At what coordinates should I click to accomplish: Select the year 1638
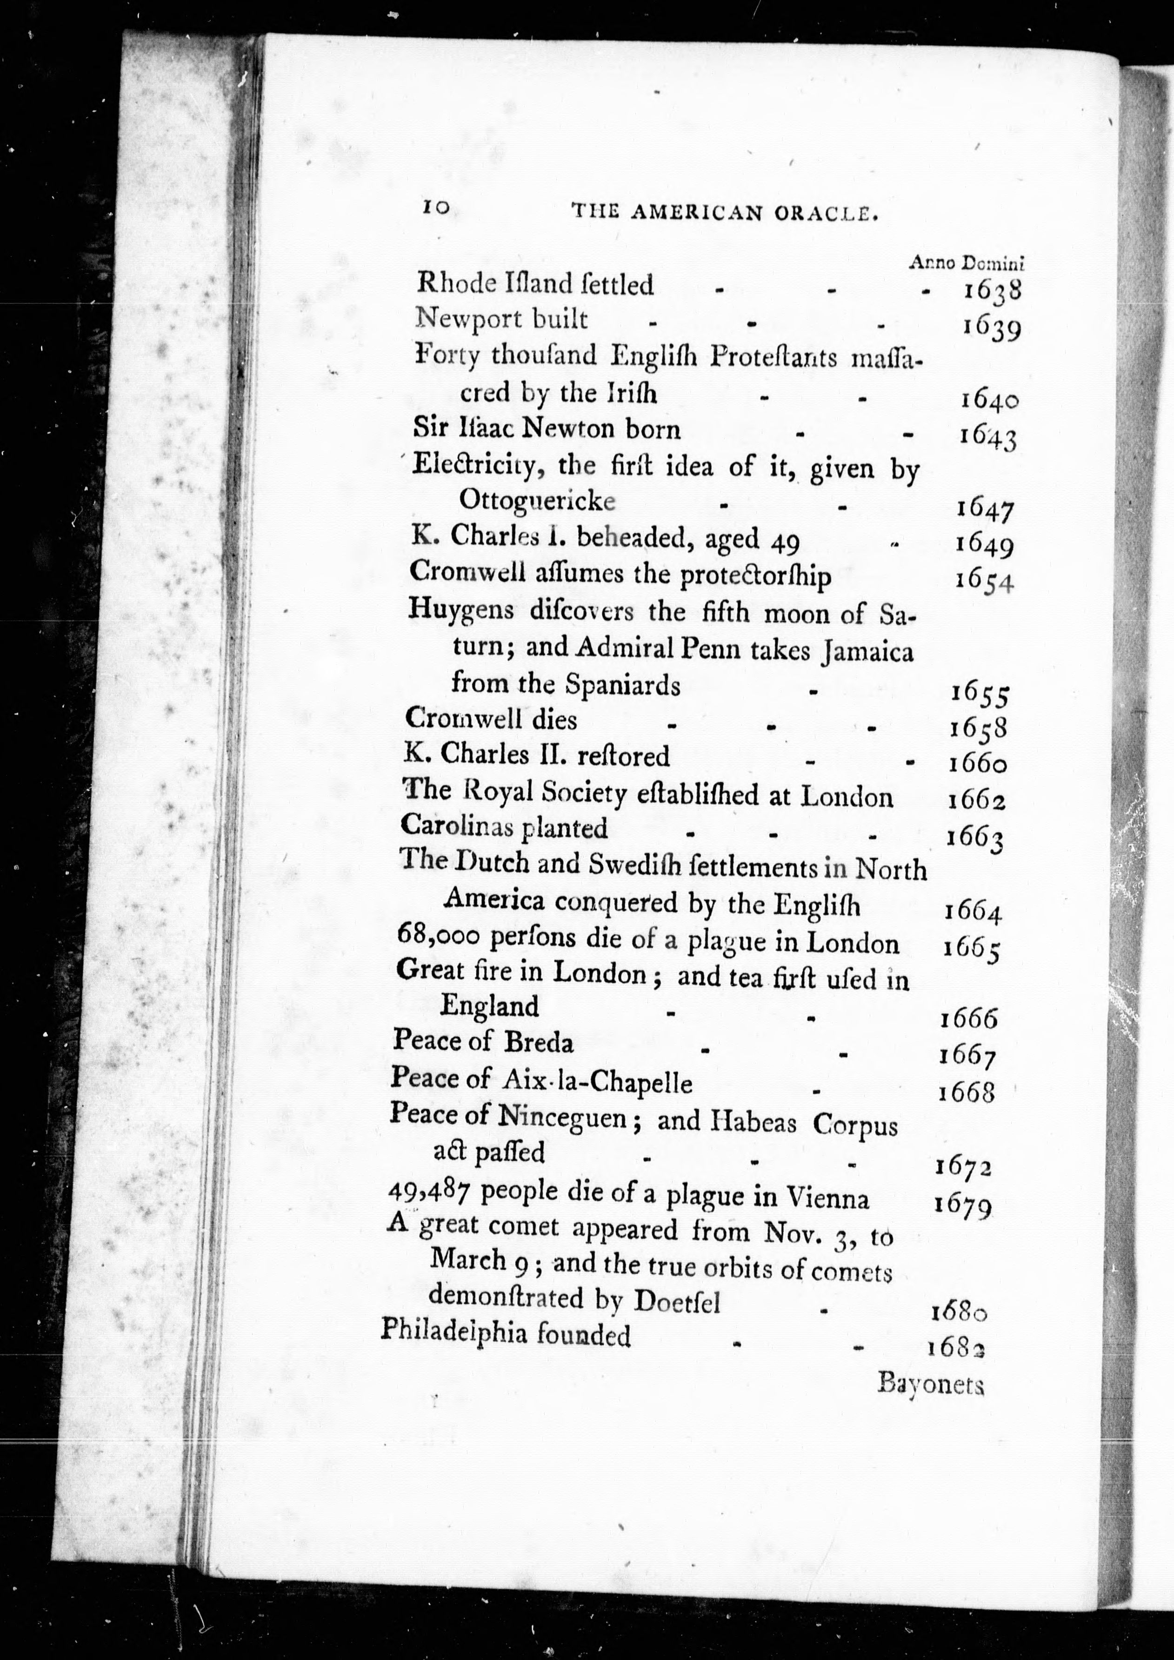[x=992, y=291]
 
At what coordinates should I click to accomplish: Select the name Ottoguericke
[x=536, y=501]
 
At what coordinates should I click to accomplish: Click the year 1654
[x=984, y=581]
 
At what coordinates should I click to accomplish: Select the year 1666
[x=969, y=1019]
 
